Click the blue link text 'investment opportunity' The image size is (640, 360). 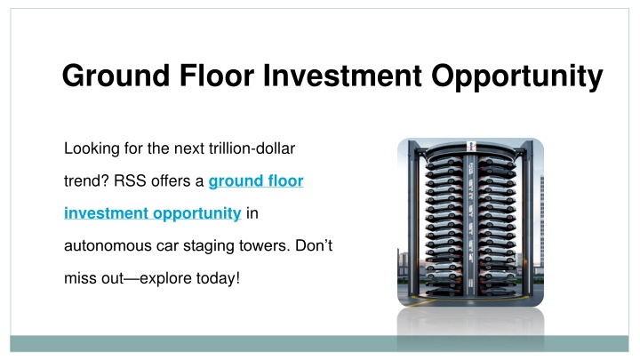(153, 214)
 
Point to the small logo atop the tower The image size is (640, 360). (470, 144)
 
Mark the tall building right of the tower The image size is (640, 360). (540, 222)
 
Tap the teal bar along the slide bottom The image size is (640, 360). (320, 343)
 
